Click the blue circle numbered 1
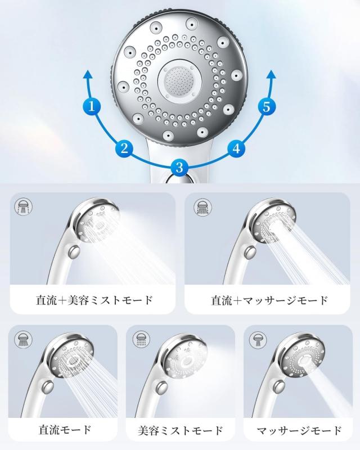92,106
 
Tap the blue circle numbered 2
124,148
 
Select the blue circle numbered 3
179,167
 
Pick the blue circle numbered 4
236,148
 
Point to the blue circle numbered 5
267,106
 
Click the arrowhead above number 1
88,75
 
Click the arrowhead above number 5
271,75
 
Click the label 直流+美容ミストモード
94,300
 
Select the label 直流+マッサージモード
269,300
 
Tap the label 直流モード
65,430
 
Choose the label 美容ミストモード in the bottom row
181,430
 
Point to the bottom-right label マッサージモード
299,430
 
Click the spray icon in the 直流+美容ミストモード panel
23,206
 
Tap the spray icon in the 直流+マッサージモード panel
202,206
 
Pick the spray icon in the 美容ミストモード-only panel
142,339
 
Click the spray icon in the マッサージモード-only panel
258,340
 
